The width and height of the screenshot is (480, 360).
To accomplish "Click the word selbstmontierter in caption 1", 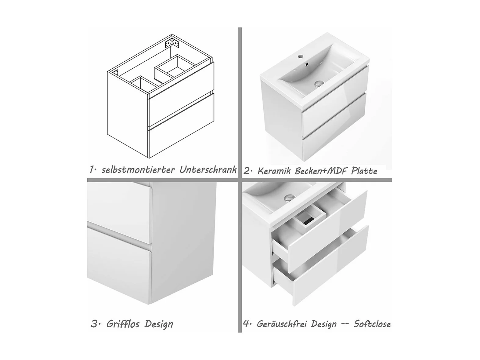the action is pos(139,170).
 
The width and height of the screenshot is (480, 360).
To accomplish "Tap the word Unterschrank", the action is pos(208,169).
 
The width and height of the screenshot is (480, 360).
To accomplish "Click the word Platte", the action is pos(364,171).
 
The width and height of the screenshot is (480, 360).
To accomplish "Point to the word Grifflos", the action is pos(123,324).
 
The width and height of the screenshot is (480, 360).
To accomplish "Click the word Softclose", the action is pos(372,324).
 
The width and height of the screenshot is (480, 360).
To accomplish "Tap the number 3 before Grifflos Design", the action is pos(94,324).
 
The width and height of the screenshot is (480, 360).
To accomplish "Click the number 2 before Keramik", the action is pos(247,171).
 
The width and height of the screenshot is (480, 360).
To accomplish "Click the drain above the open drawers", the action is pos(290,198).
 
